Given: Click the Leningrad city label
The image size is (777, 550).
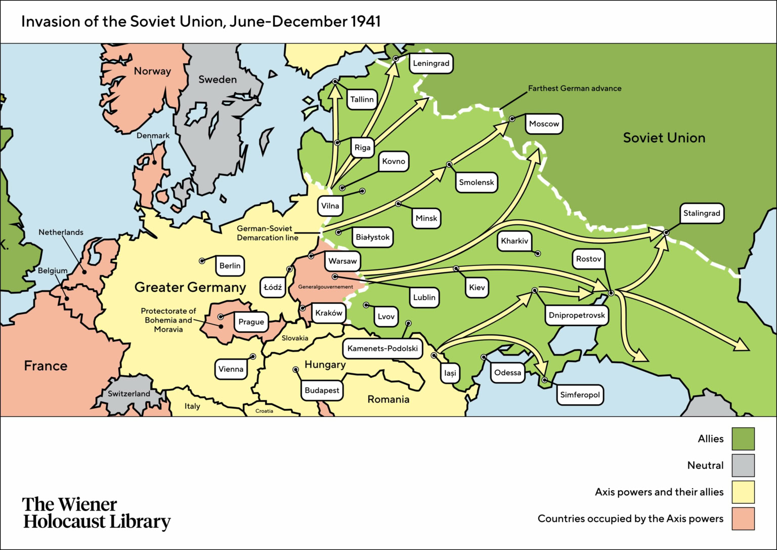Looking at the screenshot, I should tap(431, 63).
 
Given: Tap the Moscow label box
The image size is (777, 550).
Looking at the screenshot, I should tap(544, 124).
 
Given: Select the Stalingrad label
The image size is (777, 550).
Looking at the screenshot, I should tap(701, 213).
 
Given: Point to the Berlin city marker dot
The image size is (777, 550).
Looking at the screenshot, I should tap(202, 261).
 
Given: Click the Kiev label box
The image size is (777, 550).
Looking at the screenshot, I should tap(477, 287).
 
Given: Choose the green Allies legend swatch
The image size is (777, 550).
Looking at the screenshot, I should tap(743, 439).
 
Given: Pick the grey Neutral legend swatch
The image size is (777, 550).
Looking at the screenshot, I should tap(743, 465).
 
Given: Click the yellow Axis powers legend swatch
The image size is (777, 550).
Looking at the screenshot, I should tap(743, 492).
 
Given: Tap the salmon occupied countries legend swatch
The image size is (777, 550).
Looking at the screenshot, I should tap(743, 519).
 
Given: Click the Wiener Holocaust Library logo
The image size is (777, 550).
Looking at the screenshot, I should tap(96, 513).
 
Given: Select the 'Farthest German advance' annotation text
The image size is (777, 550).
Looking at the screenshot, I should tap(575, 88).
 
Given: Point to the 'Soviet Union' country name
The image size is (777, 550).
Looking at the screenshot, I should tap(664, 138).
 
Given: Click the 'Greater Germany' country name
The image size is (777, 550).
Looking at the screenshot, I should tap(190, 287).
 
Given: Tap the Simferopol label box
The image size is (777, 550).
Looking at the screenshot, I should tap(580, 395).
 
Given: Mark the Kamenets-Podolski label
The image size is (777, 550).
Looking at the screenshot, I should tap(382, 348).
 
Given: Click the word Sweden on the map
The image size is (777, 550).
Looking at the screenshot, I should tap(218, 80).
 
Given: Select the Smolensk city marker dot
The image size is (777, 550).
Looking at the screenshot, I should tap(449, 165).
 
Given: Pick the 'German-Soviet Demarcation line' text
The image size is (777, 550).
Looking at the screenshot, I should tap(267, 233).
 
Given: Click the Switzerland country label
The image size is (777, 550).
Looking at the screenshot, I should tap(129, 394).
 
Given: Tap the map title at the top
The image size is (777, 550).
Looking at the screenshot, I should tap(201, 21).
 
